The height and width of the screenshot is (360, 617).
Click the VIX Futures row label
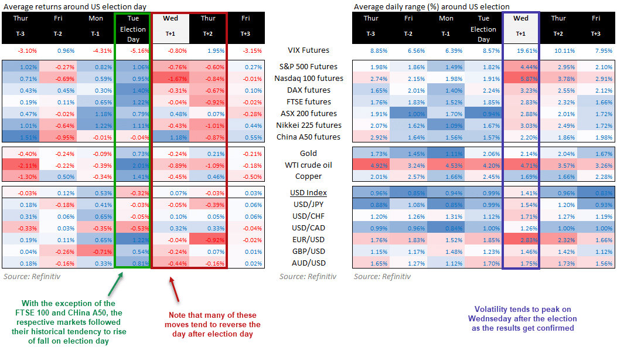[x=308, y=50]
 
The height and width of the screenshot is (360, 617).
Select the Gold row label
[x=308, y=153]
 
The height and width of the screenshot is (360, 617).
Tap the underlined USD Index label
[x=308, y=193]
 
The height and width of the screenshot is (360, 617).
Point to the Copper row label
[x=308, y=176]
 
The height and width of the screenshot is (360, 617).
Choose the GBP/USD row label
[x=308, y=252]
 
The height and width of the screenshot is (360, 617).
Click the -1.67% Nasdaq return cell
[x=170, y=79]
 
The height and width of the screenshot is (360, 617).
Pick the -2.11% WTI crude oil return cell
[x=20, y=165]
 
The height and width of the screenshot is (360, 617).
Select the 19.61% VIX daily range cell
[x=520, y=50]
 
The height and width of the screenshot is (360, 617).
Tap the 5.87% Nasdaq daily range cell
[x=520, y=79]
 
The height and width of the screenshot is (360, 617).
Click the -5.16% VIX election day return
[x=133, y=50]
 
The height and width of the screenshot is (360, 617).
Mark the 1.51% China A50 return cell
[x=20, y=137]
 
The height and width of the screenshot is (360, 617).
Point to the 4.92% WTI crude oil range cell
[x=370, y=165]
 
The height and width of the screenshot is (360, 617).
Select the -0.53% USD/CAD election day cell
[x=133, y=228]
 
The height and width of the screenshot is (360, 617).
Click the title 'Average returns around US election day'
[x=74, y=6]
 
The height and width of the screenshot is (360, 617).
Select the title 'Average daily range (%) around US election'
[x=431, y=6]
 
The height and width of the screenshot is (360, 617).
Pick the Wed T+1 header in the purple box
[x=520, y=26]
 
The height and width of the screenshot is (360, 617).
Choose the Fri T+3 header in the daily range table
[x=595, y=26]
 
